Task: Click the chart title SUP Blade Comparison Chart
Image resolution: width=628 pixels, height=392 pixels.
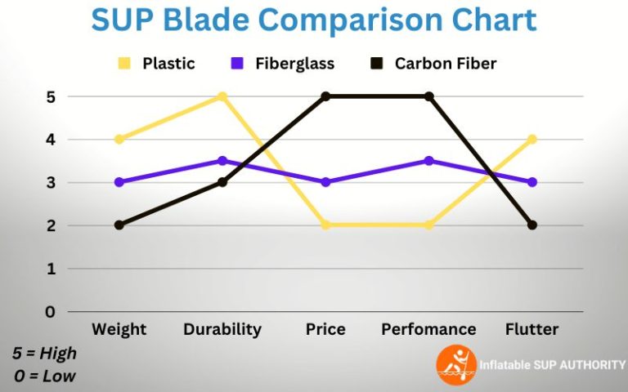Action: pyautogui.click(x=314, y=20)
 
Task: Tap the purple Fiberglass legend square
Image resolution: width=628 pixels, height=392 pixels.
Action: pyautogui.click(x=237, y=63)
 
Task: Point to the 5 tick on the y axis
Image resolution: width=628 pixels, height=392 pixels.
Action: pyautogui.click(x=51, y=96)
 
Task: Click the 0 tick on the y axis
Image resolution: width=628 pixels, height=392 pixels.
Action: pyautogui.click(x=51, y=311)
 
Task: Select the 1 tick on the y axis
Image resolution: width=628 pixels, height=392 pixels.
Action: pyautogui.click(x=51, y=269)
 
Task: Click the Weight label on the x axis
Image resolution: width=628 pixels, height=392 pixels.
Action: pyautogui.click(x=119, y=330)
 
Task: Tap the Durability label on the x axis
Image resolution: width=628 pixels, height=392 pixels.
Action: pyautogui.click(x=222, y=330)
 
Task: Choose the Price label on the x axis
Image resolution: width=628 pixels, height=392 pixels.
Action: pyautogui.click(x=325, y=330)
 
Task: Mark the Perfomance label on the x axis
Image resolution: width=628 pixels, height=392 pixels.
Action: pyautogui.click(x=428, y=330)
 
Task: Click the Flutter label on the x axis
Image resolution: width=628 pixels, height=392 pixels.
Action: pyautogui.click(x=532, y=330)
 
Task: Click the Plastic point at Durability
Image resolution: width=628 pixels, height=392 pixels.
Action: pyautogui.click(x=222, y=96)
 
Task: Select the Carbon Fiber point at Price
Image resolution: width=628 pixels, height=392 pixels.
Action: pyautogui.click(x=325, y=96)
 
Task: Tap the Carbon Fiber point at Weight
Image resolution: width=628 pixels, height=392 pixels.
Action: pyautogui.click(x=119, y=225)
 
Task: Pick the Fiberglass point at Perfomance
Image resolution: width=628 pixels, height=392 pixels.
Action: pyautogui.click(x=428, y=161)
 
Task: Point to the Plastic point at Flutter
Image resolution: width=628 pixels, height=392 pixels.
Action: pyautogui.click(x=532, y=140)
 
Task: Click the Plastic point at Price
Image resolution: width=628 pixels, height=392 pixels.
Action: pyautogui.click(x=325, y=225)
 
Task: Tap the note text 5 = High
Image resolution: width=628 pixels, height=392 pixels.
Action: pyautogui.click(x=44, y=354)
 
